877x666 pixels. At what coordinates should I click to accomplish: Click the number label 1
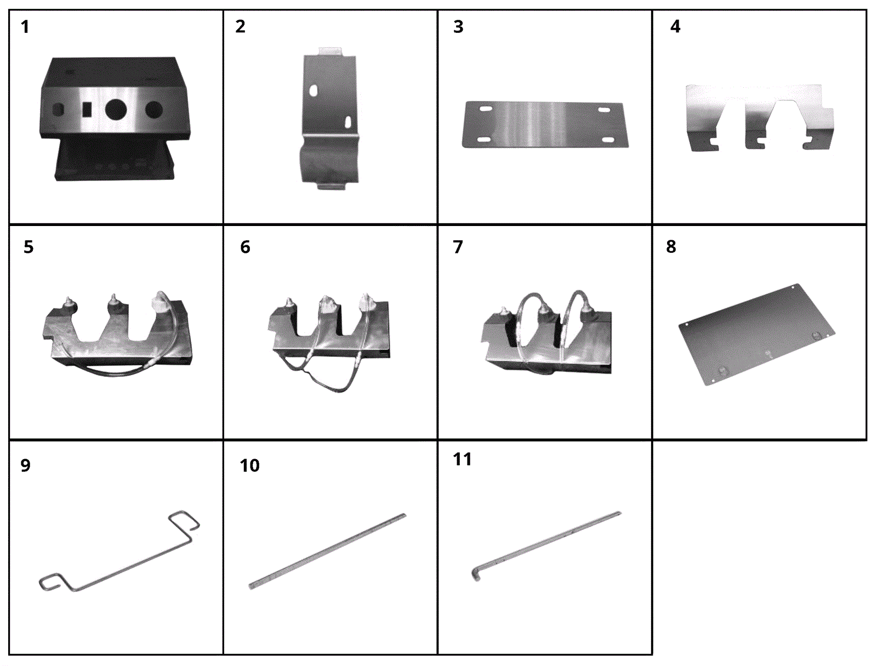pos(25,27)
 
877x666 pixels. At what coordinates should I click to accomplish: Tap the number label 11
pos(462,459)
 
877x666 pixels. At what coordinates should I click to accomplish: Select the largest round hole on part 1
pos(116,110)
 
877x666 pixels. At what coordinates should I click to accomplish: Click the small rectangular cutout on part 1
pos(87,110)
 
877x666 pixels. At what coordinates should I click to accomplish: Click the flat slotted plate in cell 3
pos(545,125)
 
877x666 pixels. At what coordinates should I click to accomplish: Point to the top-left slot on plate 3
pos(486,110)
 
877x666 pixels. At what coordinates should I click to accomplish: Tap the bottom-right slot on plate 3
pos(607,140)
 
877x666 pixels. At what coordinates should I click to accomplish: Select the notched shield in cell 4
pos(760,118)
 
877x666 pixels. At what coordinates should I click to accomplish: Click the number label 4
pos(675,27)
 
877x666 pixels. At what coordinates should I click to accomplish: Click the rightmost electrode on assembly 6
pos(365,302)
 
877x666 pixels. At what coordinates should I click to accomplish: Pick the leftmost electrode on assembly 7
pos(503,314)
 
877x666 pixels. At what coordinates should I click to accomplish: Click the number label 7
pos(458,247)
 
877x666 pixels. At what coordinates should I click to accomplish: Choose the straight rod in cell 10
pos(327,551)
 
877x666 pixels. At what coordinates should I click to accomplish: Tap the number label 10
pos(249,466)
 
